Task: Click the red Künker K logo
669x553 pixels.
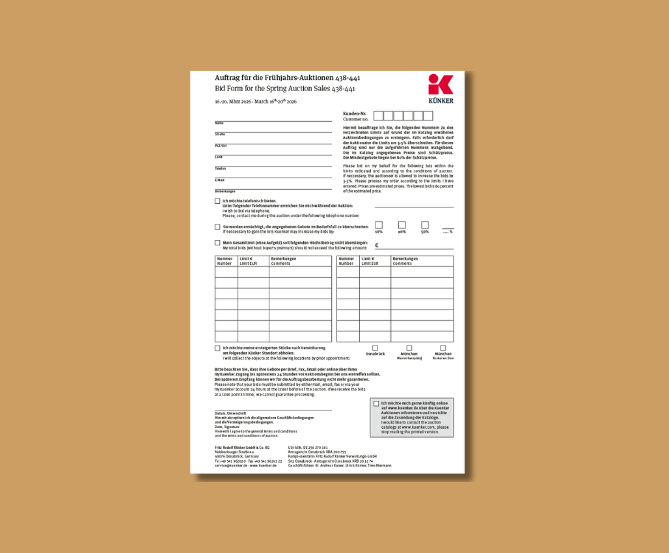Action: [441, 85]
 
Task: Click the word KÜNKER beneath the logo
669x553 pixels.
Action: [441, 101]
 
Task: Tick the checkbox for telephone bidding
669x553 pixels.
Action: [217, 201]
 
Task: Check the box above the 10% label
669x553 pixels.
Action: [379, 225]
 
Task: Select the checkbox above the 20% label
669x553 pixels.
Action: [402, 225]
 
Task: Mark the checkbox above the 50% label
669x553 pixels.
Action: [425, 225]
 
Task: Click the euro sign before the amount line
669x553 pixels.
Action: [377, 245]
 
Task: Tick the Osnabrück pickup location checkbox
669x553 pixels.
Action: [375, 348]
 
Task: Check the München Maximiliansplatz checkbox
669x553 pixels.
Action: [409, 348]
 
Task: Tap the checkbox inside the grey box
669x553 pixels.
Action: [376, 403]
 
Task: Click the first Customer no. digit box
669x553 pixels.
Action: [379, 116]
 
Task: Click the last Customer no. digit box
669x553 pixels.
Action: [428, 116]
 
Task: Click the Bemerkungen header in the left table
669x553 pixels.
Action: [284, 258]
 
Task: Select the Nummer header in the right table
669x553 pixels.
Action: [346, 258]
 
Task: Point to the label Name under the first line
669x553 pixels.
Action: [219, 123]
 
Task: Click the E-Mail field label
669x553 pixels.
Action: [220, 180]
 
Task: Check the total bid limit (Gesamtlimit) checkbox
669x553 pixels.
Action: [217, 243]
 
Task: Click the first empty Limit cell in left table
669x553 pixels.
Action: [253, 272]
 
